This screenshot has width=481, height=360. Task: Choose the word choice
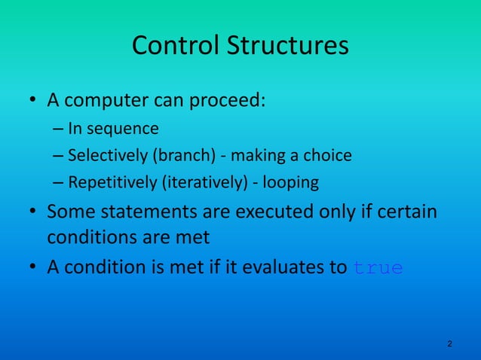tap(328, 156)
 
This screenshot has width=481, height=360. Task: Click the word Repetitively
tap(109, 183)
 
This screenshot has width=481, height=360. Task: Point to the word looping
tap(290, 183)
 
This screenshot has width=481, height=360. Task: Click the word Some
tap(69, 212)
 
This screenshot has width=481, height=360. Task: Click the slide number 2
tap(449, 344)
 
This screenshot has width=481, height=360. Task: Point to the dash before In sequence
tap(59, 129)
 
